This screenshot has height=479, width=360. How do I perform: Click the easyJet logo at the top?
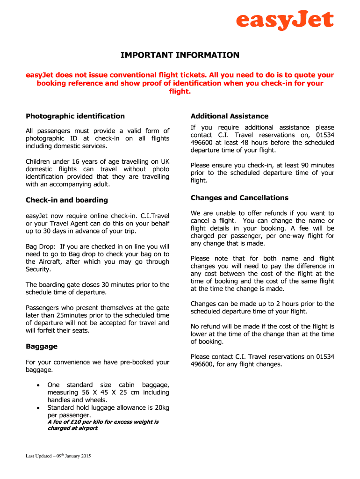[285, 21]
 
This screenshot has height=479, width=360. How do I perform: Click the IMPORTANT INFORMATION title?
[180, 55]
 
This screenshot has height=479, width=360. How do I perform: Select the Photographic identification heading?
[75, 116]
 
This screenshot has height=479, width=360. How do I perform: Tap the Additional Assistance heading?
[230, 116]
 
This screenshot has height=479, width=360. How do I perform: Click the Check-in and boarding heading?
[67, 200]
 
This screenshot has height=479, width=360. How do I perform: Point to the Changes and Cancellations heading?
[239, 198]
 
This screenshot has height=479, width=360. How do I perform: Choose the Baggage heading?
[42, 347]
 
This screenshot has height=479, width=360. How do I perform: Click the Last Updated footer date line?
[58, 456]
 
